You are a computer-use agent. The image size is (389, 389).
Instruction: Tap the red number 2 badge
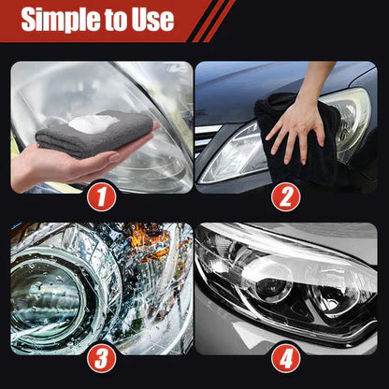click(x=287, y=196)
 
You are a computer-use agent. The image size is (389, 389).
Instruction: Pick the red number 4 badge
click(x=287, y=357)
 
